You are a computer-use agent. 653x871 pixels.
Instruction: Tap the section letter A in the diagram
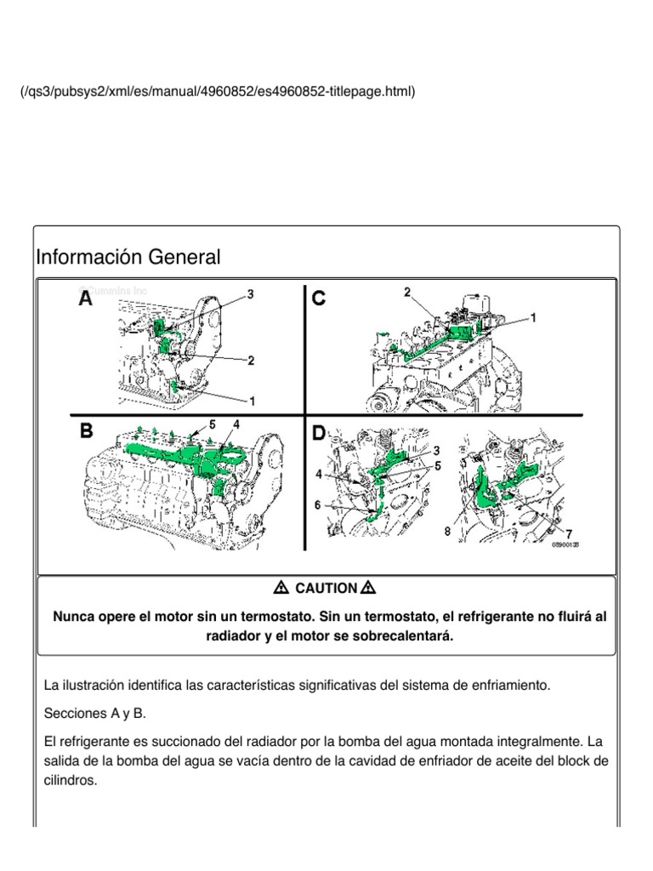pyautogui.click(x=87, y=299)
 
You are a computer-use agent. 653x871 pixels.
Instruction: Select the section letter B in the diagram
pyautogui.click(x=87, y=431)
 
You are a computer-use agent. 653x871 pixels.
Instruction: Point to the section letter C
pyautogui.click(x=320, y=299)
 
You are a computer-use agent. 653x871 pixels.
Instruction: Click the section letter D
pyautogui.click(x=320, y=433)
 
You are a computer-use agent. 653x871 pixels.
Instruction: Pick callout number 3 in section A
pyautogui.click(x=251, y=294)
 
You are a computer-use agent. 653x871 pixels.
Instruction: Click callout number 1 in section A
pyautogui.click(x=252, y=399)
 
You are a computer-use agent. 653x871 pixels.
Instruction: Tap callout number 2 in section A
pyautogui.click(x=251, y=361)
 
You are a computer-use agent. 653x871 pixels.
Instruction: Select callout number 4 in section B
pyautogui.click(x=236, y=423)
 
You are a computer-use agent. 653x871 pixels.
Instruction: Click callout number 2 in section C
pyautogui.click(x=407, y=293)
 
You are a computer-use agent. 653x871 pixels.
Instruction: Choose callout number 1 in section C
pyautogui.click(x=534, y=317)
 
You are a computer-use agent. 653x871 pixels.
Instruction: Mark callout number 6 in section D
pyautogui.click(x=318, y=504)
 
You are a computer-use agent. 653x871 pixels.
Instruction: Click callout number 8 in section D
pyautogui.click(x=448, y=532)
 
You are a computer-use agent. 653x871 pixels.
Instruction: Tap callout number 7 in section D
pyautogui.click(x=568, y=534)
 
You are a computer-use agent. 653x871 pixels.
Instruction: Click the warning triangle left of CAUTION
pyautogui.click(x=282, y=588)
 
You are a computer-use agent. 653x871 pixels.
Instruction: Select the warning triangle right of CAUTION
pyautogui.click(x=368, y=588)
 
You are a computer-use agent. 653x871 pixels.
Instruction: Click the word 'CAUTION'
pyautogui.click(x=326, y=588)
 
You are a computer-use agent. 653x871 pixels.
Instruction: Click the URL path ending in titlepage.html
pyautogui.click(x=218, y=90)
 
